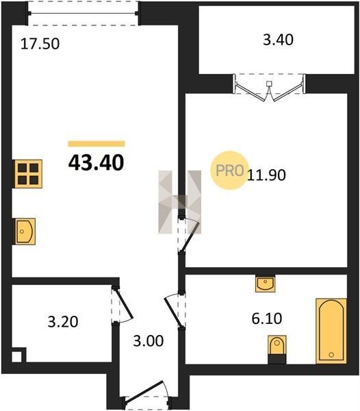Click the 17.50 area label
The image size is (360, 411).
pos(40,44)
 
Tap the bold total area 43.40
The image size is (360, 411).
pos(96,162)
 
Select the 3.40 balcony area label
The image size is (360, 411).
pos(278,40)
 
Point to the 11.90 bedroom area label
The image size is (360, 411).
pos(266,175)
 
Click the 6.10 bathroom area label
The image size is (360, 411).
pos(267,319)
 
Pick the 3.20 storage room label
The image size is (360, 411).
pos(63,322)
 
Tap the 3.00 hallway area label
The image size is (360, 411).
pos(149,341)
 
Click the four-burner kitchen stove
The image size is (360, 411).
pos(27,174)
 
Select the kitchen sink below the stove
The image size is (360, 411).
pos(24,232)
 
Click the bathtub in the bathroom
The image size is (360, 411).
pos(331,332)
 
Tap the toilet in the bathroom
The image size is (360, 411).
pos(277,349)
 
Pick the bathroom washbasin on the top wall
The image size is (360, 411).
pos(266,284)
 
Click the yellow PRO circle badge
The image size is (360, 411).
pos(229,171)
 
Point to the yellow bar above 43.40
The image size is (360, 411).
pos(97,144)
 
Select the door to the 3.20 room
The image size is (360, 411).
pos(123,306)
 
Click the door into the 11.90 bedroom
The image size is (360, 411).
pos(189,235)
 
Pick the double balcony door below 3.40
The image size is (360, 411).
pos(269,88)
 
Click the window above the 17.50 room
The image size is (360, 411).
pos(83,14)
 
